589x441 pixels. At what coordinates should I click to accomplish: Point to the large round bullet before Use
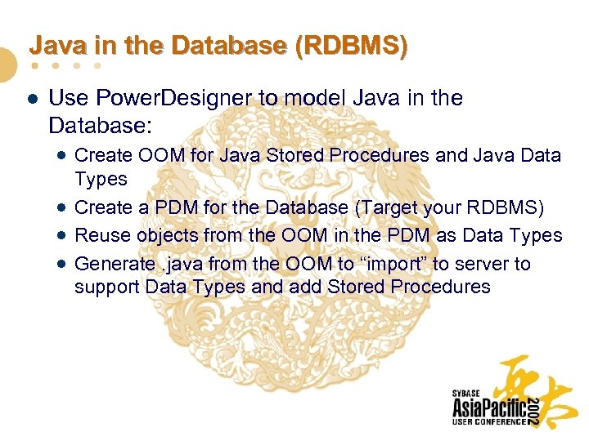tap(30, 99)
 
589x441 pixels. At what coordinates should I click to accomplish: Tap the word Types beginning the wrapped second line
tap(101, 178)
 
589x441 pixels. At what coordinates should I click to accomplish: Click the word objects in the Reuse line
tap(161, 235)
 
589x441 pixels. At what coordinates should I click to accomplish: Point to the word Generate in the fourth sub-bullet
tap(113, 264)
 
